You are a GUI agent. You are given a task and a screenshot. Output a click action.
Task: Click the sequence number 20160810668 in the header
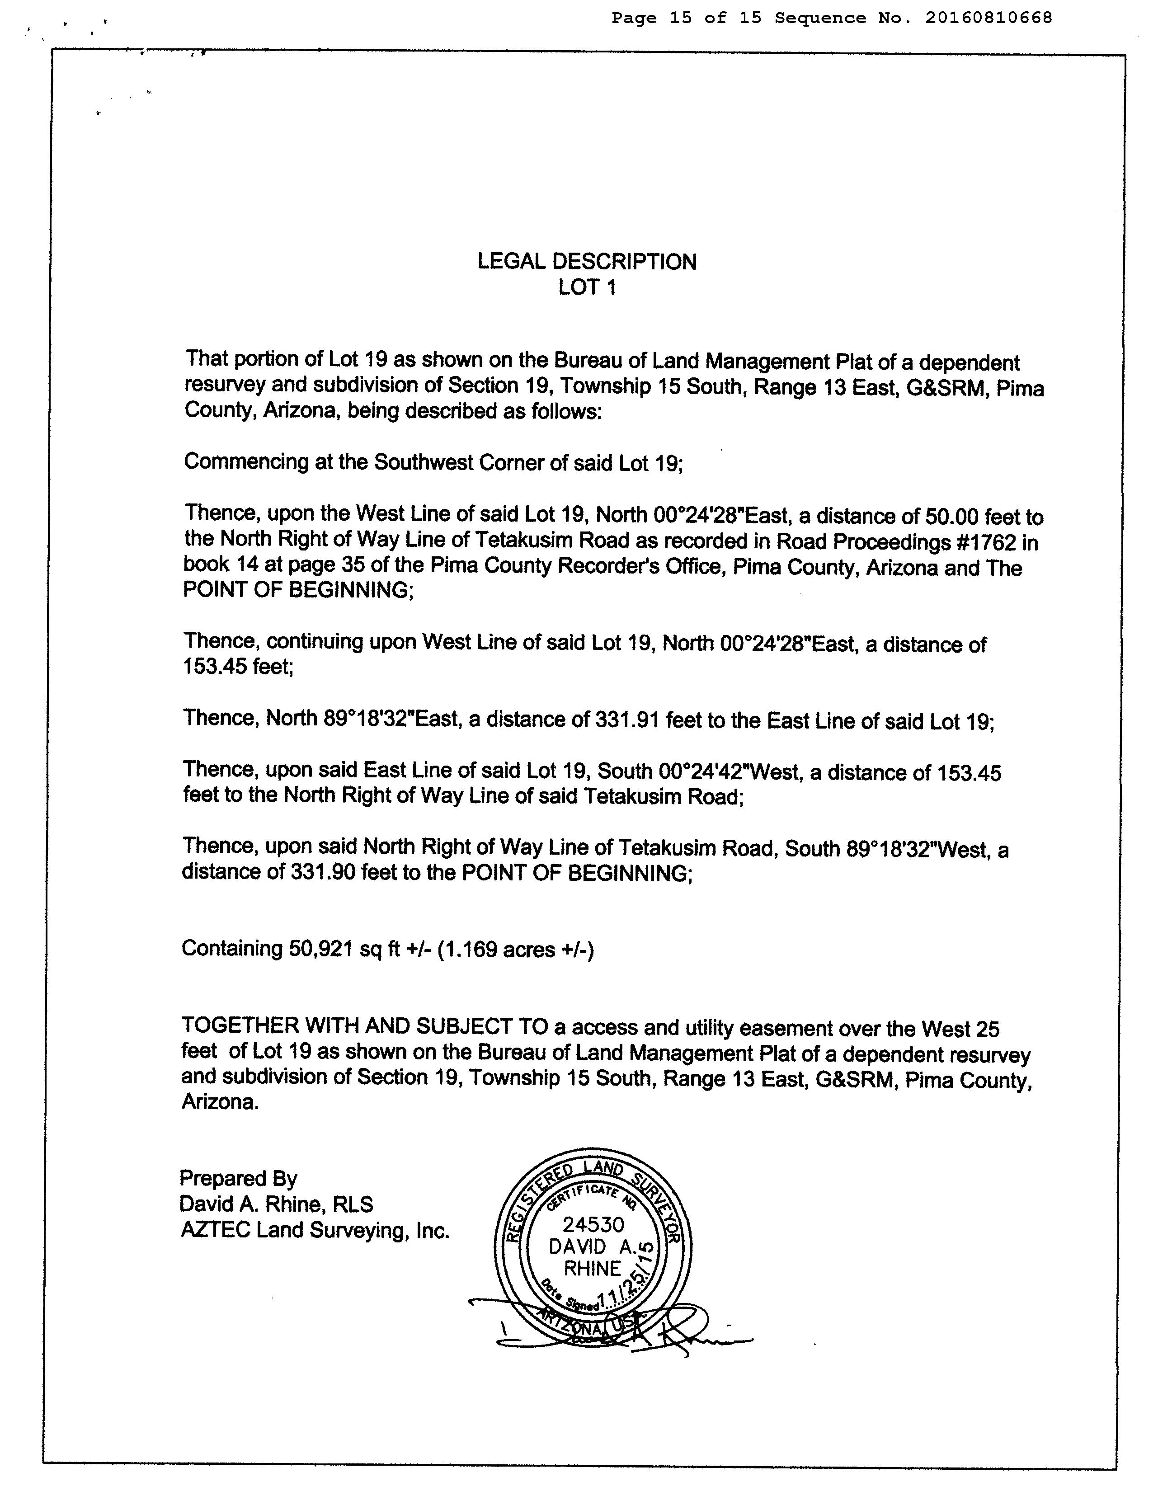click(x=989, y=18)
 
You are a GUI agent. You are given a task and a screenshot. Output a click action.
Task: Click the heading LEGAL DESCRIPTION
click(x=587, y=262)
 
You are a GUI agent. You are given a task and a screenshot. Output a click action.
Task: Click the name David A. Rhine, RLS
click(x=276, y=1204)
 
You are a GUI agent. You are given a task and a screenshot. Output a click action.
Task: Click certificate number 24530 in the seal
click(x=593, y=1224)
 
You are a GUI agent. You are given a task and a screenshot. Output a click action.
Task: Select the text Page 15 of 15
click(x=686, y=18)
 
